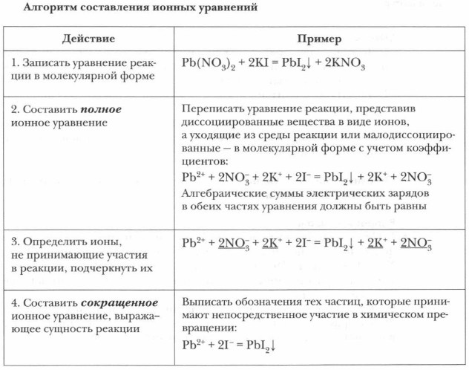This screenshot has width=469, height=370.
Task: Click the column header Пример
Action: [319, 38]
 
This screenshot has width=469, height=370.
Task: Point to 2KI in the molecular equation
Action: [260, 64]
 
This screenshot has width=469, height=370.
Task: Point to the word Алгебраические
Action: [224, 193]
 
